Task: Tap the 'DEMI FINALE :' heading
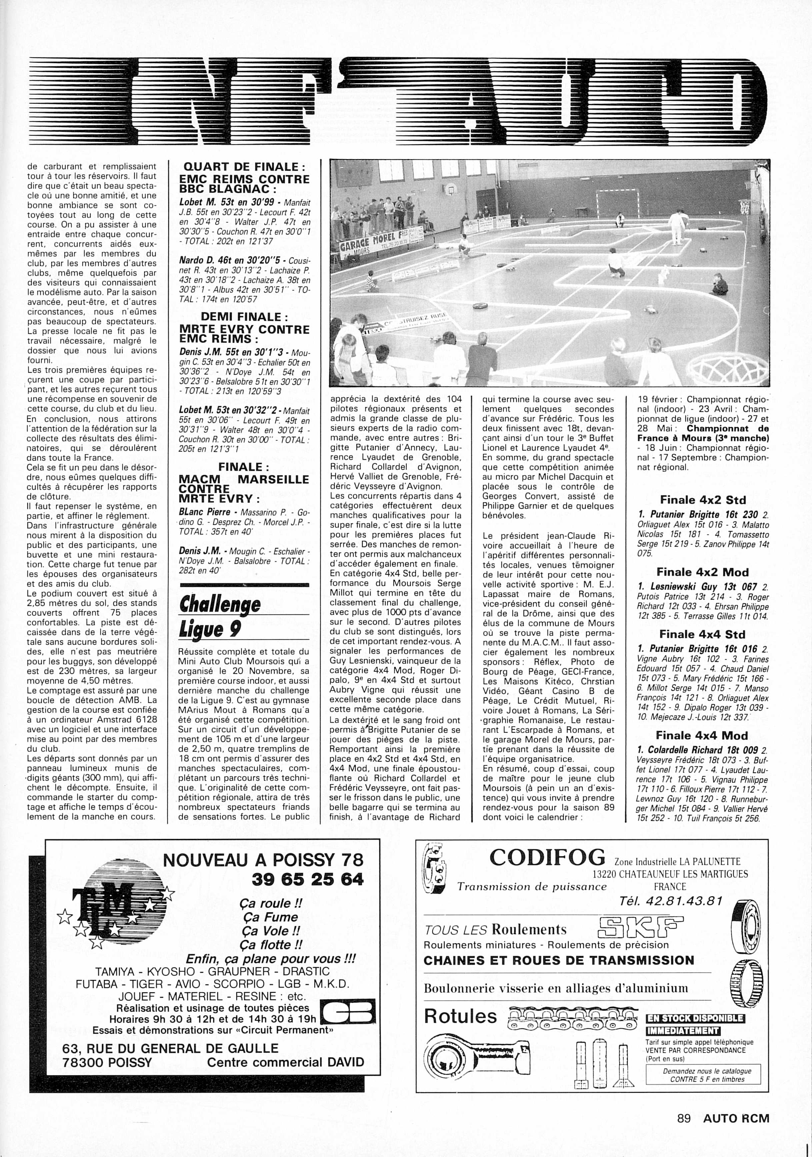click(244, 317)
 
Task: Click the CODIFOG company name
click(547, 857)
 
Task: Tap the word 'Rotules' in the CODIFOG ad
click(460, 1016)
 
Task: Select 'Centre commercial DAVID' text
click(285, 1062)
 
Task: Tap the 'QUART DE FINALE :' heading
click(244, 166)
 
